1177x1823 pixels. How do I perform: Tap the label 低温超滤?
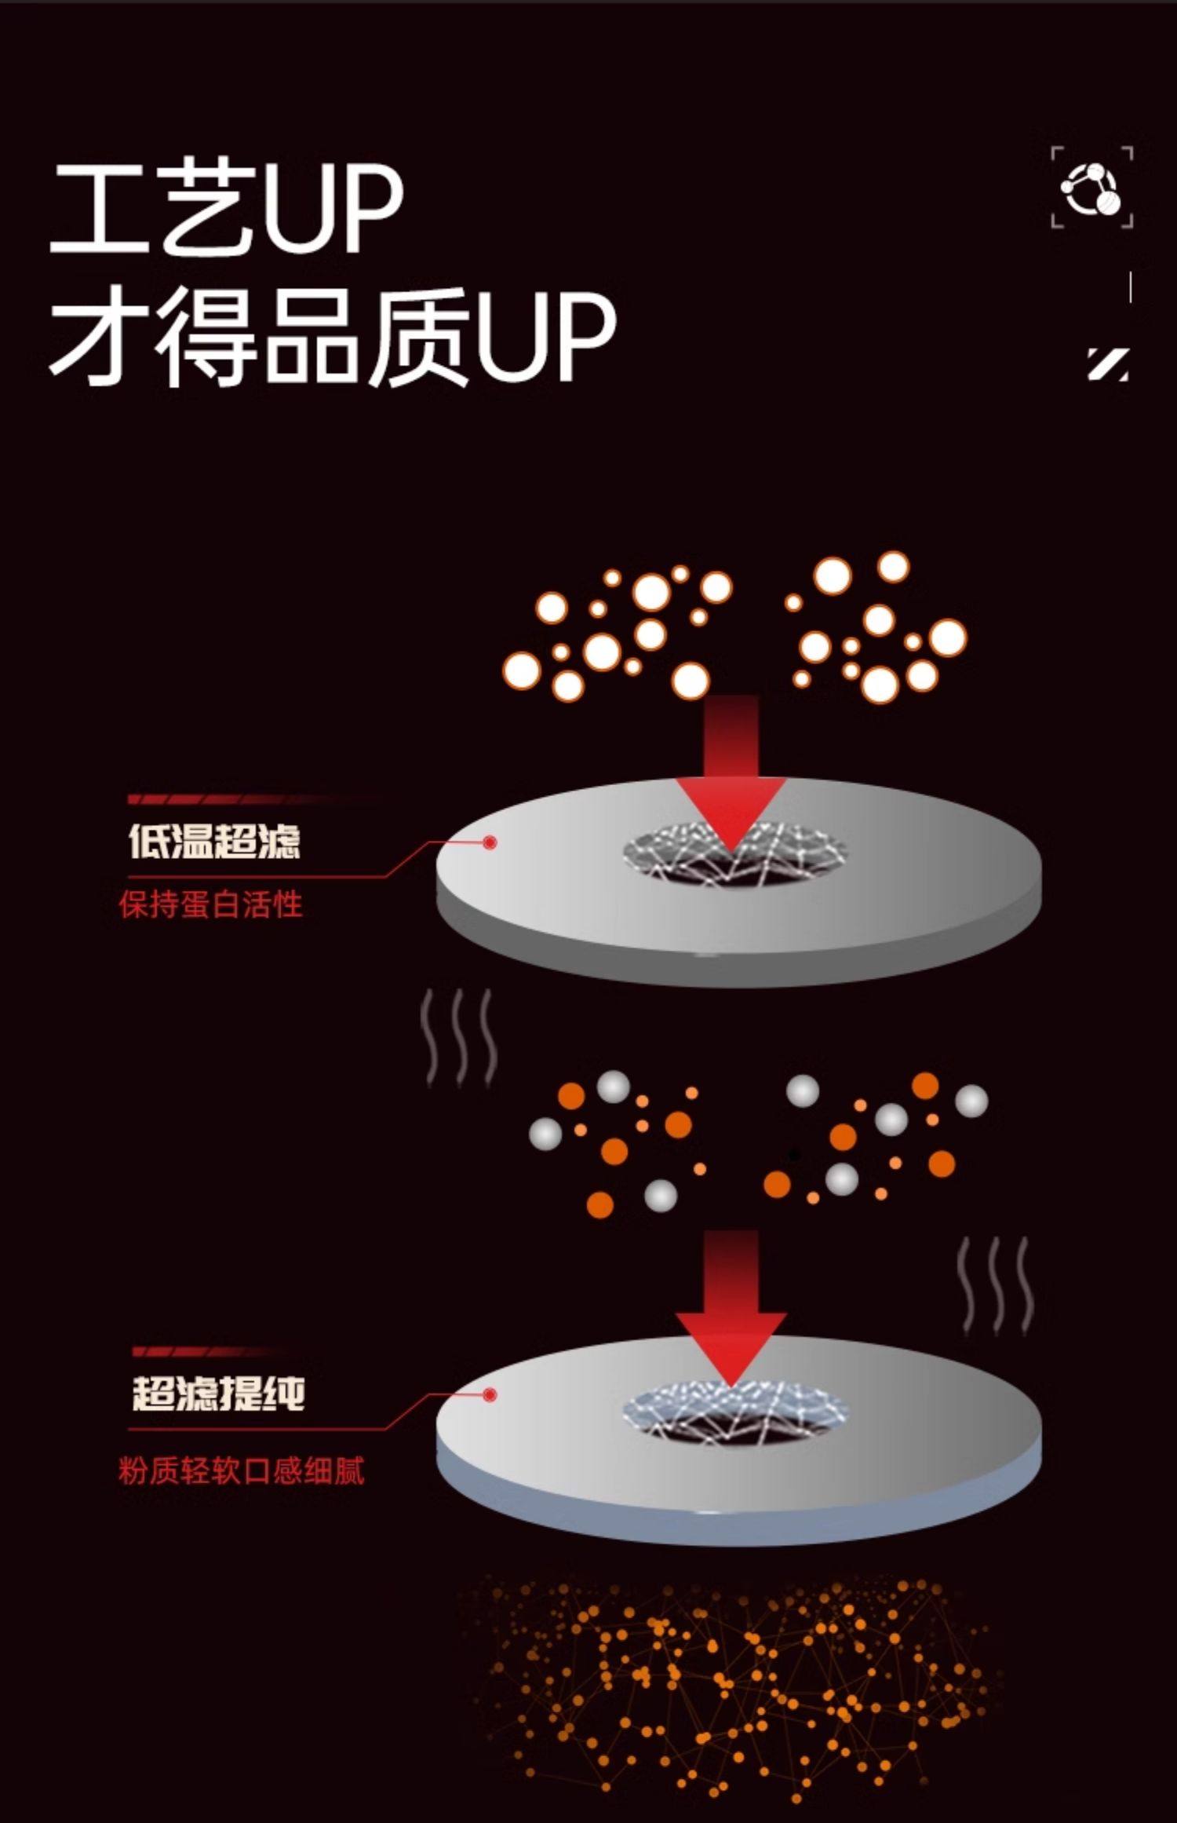click(x=214, y=841)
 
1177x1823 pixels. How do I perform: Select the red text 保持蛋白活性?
click(x=210, y=904)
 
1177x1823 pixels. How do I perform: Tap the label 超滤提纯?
click(x=218, y=1394)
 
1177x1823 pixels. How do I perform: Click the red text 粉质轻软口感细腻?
click(x=242, y=1470)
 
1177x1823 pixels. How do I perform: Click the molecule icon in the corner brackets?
click(x=1091, y=188)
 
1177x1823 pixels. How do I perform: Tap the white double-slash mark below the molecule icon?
click(x=1108, y=364)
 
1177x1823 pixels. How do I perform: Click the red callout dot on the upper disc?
click(x=490, y=842)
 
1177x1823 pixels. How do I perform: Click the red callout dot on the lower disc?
click(x=490, y=1394)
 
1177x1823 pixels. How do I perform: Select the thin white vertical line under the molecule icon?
click(x=1130, y=287)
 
